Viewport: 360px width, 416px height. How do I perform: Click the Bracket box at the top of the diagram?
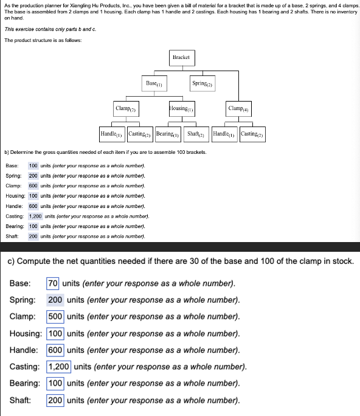pos(181,57)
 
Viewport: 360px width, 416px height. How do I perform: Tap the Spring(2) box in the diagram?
pos(201,83)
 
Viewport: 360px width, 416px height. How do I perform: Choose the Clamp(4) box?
pos(238,108)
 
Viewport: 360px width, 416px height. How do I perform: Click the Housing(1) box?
pos(182,108)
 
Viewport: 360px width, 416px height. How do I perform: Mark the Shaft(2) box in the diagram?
pos(196,134)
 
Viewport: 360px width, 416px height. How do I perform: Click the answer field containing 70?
pos(53,283)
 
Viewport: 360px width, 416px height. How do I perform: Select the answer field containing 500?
pos(55,316)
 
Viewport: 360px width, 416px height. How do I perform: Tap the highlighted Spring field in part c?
pos(55,300)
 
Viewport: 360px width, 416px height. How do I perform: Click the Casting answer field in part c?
pos(59,366)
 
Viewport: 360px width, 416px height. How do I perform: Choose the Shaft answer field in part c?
pos(55,400)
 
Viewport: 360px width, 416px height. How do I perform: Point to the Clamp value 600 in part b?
pos(33,185)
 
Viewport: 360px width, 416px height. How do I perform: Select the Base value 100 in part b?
pos(33,165)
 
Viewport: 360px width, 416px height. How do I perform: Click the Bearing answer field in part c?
pos(55,383)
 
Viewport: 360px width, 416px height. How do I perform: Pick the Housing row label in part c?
pos(26,333)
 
